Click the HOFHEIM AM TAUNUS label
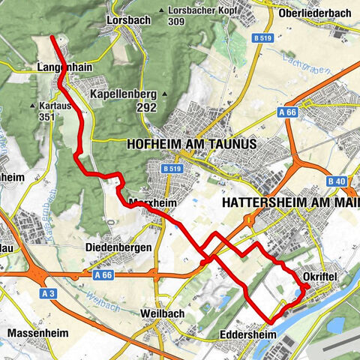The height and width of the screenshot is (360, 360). (192, 143)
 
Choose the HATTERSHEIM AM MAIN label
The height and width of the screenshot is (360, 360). (289, 203)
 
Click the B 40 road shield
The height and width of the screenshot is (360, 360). (337, 181)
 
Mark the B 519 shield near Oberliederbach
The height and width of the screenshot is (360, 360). (262, 37)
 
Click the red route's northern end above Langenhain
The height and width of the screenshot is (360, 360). (51, 37)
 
